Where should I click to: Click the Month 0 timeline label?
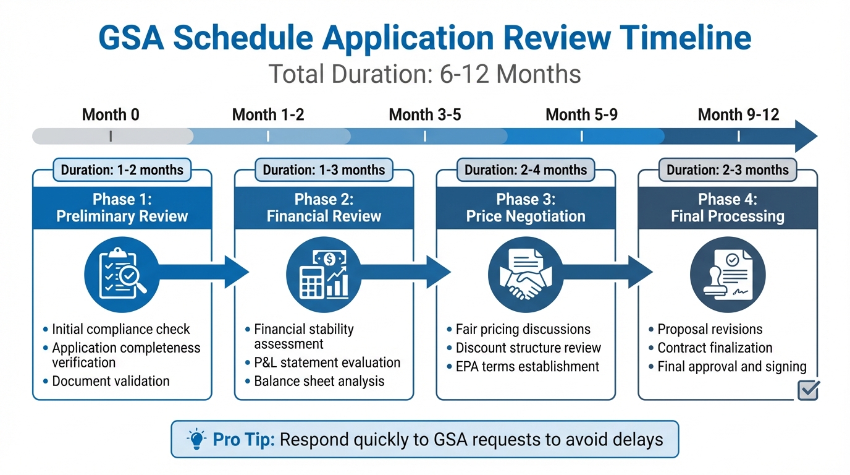111,114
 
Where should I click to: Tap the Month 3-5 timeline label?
425,114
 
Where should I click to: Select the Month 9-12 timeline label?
738,114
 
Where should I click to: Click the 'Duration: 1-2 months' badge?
122,169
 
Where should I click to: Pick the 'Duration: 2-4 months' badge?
526,169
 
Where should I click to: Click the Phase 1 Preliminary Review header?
122,208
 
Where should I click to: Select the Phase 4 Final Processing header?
728,208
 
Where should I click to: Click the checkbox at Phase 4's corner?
809,390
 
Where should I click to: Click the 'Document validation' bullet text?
111,381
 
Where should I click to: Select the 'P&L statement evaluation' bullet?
327,362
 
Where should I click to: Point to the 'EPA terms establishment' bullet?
527,366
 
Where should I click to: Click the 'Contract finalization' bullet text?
715,348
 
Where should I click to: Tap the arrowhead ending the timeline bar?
806,136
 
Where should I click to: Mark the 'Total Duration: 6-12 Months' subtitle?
425,74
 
